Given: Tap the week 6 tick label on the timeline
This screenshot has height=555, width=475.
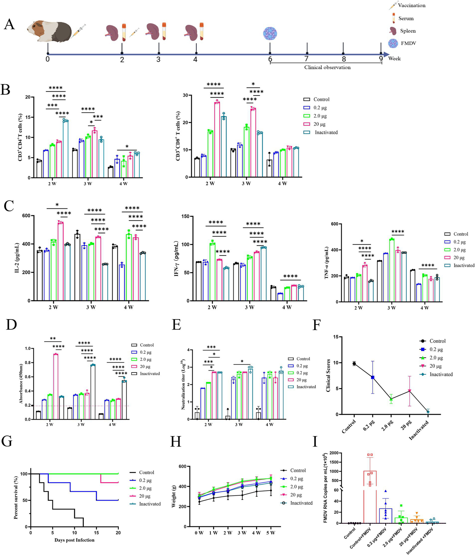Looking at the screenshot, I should [270, 59].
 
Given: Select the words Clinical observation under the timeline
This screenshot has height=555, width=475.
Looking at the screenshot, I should [327, 67].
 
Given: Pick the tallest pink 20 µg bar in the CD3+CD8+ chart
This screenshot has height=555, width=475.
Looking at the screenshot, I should [217, 139].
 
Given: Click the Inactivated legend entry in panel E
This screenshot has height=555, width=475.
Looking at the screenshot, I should [306, 387].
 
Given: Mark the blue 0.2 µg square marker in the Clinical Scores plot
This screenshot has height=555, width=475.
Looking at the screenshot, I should [373, 378].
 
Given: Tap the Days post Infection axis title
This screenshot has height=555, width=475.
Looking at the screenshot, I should [74, 540].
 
